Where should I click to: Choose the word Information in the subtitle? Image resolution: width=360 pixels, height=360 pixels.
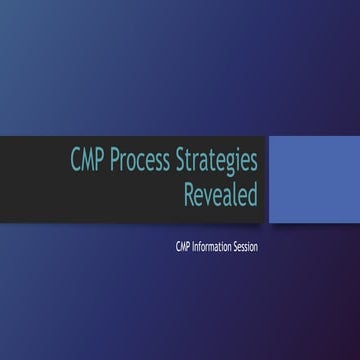pos(211,246)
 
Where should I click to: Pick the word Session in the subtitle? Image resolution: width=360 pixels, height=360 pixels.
pos(246,246)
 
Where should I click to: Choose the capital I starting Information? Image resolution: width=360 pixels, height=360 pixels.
pos(193,246)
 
